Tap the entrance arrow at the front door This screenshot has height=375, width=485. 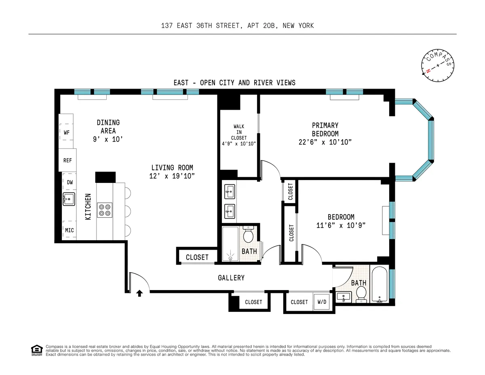coord(139,293)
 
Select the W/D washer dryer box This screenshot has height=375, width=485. coord(322,302)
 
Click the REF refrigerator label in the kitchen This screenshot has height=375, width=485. coord(67,160)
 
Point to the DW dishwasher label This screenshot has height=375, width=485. coord(70,182)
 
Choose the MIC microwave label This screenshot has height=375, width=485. coord(70,230)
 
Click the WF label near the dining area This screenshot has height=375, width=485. coord(67,132)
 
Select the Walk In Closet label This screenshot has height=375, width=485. coord(239,135)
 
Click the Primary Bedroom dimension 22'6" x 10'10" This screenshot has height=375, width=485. coord(325,142)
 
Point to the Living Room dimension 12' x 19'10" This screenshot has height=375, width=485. coord(172,176)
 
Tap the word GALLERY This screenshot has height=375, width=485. coord(231,278)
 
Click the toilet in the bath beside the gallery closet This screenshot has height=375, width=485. coord(248,234)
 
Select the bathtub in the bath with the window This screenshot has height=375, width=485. coord(380,285)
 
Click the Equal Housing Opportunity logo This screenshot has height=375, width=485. coord(37,350)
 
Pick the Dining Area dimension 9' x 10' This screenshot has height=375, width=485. coord(108,139)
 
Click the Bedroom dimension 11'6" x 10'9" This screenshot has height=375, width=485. coord(341,225)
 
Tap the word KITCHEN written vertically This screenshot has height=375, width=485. coord(88,206)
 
